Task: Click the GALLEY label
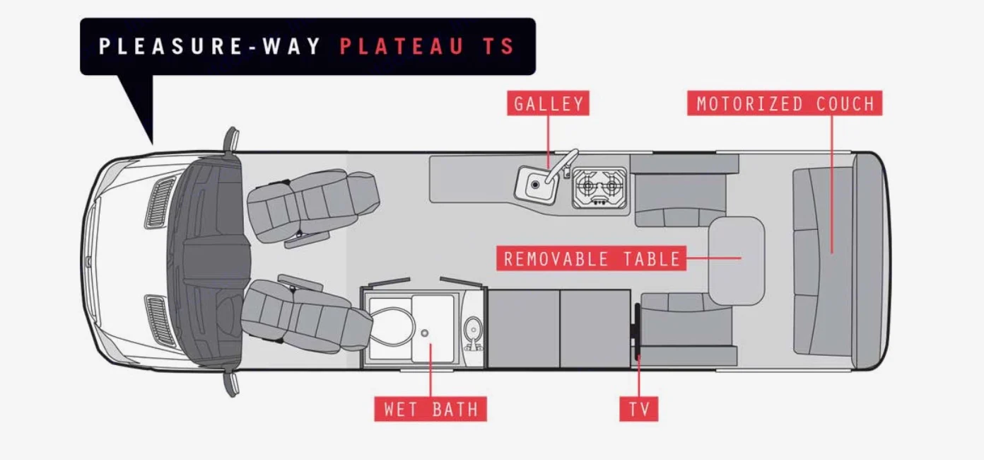[x=549, y=104]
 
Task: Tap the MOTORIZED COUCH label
[x=785, y=104]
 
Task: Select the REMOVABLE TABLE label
[x=591, y=258]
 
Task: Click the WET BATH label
[x=430, y=408]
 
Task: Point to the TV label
[x=639, y=408]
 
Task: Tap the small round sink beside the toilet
[x=472, y=329]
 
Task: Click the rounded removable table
[x=737, y=260]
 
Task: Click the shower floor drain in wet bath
[x=425, y=332]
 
